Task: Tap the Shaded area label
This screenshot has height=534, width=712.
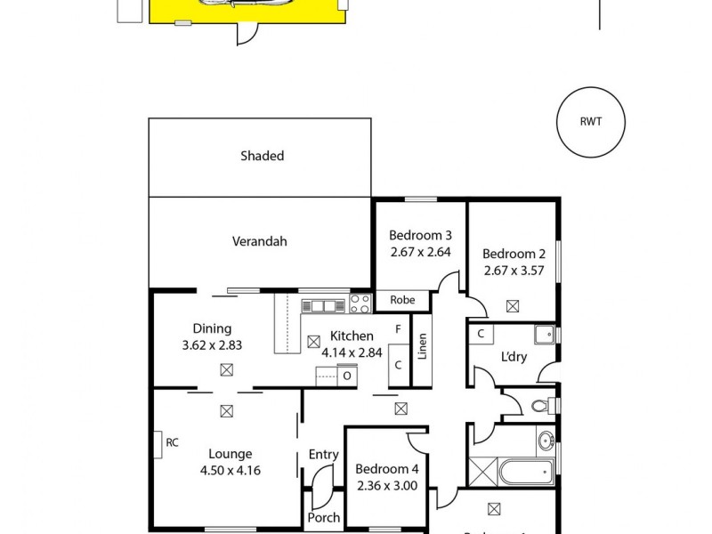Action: tap(262, 156)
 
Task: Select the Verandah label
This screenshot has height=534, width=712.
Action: tap(260, 240)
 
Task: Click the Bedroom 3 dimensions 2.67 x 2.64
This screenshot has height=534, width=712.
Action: tap(420, 252)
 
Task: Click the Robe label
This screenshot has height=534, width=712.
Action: tap(402, 301)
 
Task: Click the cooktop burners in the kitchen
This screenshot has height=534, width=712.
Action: tap(360, 304)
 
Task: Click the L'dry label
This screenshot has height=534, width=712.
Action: tap(514, 357)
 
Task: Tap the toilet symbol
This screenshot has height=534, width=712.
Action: tap(538, 408)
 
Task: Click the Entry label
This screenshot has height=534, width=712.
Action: tap(323, 455)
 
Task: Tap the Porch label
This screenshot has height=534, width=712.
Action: tap(323, 517)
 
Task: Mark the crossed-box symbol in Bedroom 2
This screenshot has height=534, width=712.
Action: tap(513, 306)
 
